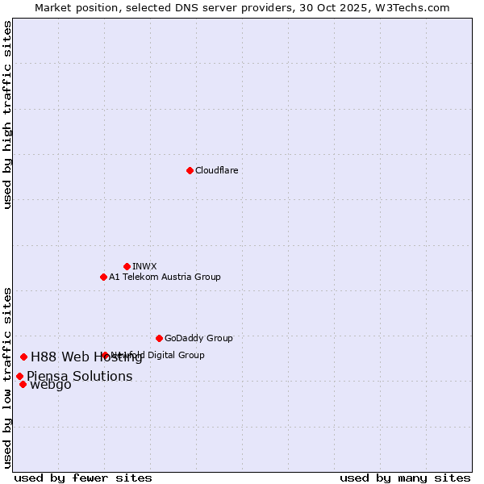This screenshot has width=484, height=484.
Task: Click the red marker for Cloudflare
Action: [190, 170]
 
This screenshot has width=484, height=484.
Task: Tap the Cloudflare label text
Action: [217, 170]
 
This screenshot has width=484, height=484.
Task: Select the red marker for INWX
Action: [127, 266]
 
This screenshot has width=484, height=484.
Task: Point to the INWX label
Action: [144, 266]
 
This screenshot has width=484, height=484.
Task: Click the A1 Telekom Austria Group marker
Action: [103, 277]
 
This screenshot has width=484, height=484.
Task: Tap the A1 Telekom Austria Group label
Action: [165, 277]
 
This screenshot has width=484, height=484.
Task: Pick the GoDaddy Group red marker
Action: [159, 338]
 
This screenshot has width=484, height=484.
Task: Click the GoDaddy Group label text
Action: [198, 338]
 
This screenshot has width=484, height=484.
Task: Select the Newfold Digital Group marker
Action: [105, 355]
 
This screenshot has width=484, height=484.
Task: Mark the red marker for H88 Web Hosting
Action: [23, 357]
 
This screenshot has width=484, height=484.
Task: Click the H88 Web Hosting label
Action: [86, 357]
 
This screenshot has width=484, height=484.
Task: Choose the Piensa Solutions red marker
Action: [19, 376]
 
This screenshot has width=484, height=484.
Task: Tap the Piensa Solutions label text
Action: [79, 377]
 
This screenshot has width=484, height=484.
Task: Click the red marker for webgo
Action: [23, 384]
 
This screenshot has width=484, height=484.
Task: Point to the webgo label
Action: [50, 385]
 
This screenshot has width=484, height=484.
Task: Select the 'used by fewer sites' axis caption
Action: [83, 478]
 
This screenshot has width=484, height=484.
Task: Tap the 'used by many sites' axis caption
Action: [405, 478]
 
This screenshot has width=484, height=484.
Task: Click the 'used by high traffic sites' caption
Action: [8, 115]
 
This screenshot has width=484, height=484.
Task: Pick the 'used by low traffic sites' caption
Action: [8, 378]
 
